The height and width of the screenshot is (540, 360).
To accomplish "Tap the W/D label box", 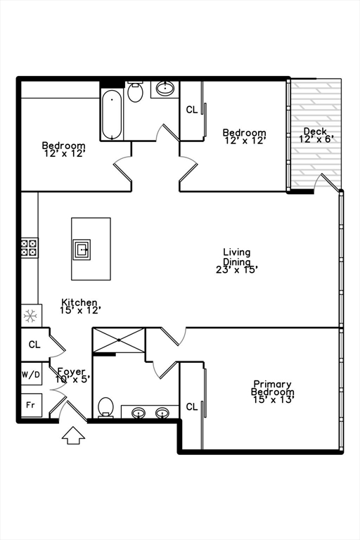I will (30, 375).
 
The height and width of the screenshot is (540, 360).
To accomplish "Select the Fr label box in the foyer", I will (30, 405).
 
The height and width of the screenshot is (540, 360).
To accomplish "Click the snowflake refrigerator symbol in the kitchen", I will (30, 316).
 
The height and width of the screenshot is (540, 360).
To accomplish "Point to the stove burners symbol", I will (30, 247).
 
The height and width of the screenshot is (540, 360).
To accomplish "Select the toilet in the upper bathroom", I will (135, 92).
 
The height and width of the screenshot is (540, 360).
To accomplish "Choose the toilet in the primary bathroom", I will (106, 406).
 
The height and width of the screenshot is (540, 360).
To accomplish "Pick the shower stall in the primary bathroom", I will (118, 339).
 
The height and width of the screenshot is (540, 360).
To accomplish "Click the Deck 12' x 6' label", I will (316, 135).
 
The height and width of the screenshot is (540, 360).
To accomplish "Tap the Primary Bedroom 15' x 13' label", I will (274, 392).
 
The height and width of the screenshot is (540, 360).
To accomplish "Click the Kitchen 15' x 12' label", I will (79, 305).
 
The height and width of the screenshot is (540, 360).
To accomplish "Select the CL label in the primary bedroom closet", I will (191, 406).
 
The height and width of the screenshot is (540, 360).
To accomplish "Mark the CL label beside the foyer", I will (34, 345).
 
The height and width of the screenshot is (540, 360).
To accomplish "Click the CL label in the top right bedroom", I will (191, 110).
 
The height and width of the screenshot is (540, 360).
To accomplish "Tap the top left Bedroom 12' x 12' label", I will (63, 149).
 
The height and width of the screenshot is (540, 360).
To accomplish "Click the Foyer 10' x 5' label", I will (71, 375).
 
